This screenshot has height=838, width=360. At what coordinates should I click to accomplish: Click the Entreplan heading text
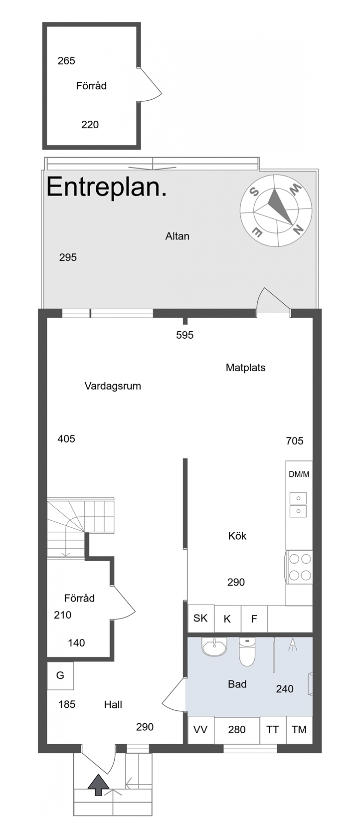(107, 188)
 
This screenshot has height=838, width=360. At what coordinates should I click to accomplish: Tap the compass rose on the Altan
(276, 210)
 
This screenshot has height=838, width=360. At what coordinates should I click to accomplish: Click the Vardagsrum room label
(113, 386)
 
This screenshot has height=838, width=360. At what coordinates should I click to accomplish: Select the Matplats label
(246, 367)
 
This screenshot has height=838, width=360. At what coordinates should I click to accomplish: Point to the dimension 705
(295, 441)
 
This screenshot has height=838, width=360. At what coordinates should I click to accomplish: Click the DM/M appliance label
(299, 474)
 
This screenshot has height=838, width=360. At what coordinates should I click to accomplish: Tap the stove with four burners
(299, 567)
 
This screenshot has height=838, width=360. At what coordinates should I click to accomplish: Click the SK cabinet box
(201, 618)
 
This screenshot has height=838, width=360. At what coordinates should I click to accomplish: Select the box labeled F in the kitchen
(254, 619)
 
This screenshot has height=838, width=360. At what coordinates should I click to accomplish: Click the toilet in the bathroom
(247, 651)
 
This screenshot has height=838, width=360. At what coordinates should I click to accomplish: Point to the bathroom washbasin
(214, 646)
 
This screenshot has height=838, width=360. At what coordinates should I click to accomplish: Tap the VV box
(201, 729)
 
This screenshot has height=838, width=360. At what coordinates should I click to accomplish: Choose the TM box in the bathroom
(299, 729)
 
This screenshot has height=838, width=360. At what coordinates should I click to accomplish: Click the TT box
(273, 729)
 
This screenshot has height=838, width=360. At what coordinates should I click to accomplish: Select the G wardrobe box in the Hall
(60, 675)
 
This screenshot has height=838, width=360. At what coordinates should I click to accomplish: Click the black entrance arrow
(98, 785)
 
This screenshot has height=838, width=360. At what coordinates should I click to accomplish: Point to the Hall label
(113, 705)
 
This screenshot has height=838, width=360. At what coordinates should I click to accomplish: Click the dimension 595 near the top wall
(184, 335)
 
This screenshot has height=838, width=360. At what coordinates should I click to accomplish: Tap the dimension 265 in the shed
(66, 61)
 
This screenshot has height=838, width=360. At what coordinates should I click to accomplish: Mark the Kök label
(237, 536)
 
